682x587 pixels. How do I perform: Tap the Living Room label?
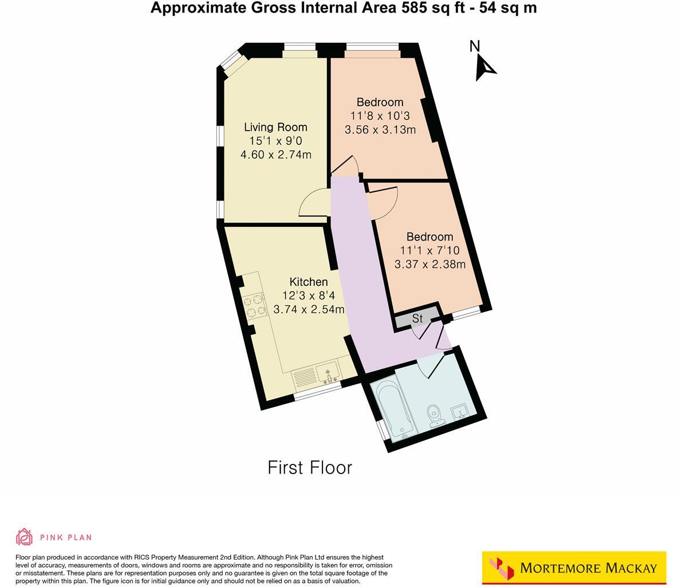[275, 127]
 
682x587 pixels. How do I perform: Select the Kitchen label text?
[309, 282]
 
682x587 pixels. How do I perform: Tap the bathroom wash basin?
[460, 411]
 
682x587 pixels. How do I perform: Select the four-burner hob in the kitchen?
[254, 305]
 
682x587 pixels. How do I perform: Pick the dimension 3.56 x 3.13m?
[380, 130]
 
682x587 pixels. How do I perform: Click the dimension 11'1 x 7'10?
[429, 250]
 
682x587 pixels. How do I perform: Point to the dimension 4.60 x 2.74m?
[276, 155]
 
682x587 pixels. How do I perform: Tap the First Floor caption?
[310, 468]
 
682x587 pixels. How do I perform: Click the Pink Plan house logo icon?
[24, 537]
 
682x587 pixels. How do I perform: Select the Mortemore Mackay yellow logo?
[574, 568]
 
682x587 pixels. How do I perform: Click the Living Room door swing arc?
[312, 203]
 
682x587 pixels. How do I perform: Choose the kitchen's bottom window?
[318, 392]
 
